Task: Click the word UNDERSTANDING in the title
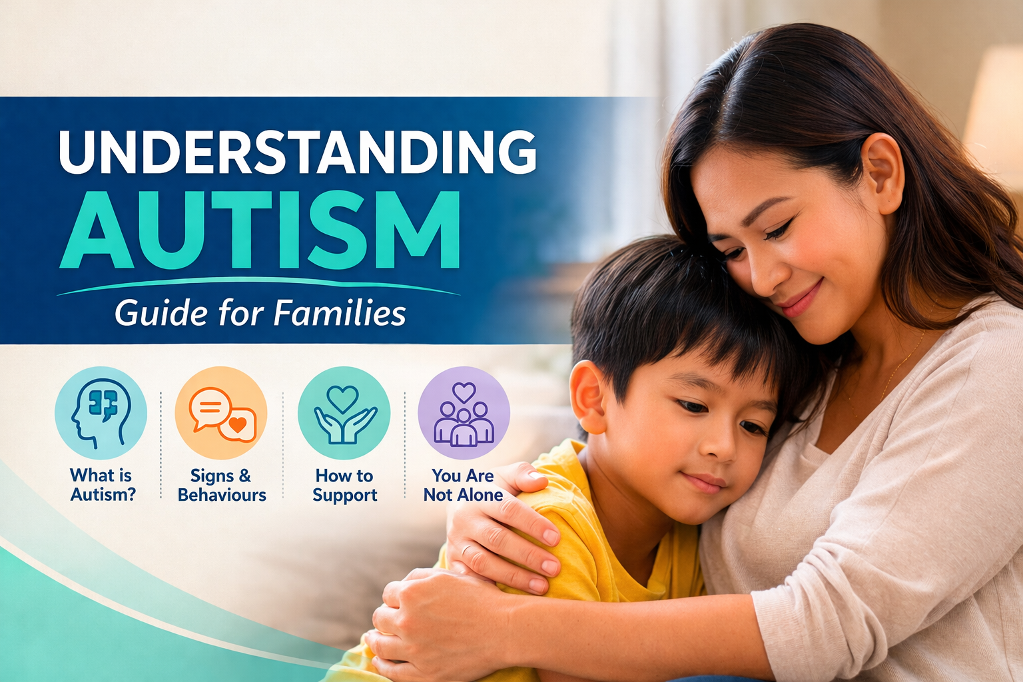point(297,152)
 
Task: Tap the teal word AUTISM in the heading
point(259,230)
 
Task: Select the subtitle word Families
point(340,314)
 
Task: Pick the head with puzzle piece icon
point(101,412)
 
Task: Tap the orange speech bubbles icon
point(222,412)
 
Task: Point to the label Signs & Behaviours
point(222,485)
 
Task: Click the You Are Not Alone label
point(463,485)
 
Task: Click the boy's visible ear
point(588,396)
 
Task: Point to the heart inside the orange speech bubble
point(237,425)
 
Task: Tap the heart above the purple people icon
point(464,392)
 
